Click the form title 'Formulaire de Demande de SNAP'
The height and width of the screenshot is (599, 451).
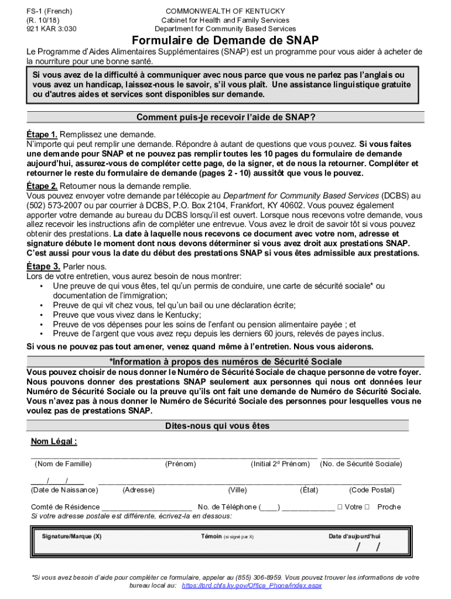coord(225,40)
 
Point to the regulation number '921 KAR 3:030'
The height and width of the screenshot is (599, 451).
coord(51,29)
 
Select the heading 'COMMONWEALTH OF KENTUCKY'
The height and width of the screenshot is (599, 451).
coord(225,11)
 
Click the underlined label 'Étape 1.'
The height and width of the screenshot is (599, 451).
coord(42,134)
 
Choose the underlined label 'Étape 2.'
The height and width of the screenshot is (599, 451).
coord(42,186)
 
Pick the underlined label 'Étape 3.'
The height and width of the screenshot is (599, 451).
coord(42,266)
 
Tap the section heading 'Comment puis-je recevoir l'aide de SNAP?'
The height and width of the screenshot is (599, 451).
coord(225,117)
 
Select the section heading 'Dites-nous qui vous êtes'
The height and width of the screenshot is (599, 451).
coord(225,426)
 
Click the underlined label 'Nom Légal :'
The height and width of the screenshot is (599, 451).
coord(54,441)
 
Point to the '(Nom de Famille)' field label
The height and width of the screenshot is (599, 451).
coord(63,464)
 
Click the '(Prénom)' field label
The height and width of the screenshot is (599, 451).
coord(180,464)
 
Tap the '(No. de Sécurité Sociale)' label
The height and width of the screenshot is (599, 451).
coord(361,464)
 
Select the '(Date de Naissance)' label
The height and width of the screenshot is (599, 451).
coord(64,490)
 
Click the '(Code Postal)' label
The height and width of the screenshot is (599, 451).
coord(371,490)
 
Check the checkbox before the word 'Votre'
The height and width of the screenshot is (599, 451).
coord(340,507)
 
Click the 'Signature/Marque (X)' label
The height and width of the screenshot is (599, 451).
coord(71,536)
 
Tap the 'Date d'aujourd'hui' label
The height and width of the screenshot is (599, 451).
coord(354,536)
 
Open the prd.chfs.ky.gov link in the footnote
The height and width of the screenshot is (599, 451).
coord(252,586)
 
